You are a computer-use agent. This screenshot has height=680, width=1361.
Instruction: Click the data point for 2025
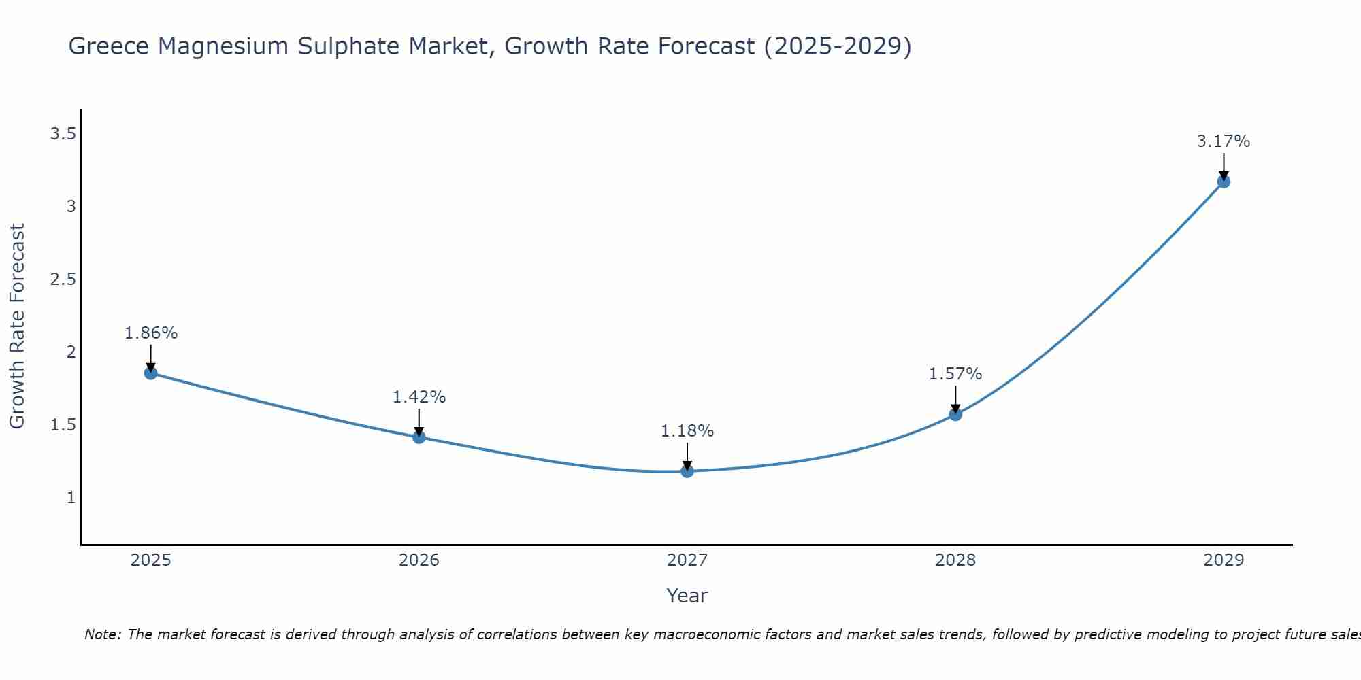pos(150,373)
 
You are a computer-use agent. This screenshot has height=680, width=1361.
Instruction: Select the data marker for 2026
pos(419,437)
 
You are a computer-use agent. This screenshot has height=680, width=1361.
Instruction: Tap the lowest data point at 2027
pos(687,471)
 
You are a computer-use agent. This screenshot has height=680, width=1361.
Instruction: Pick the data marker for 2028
pos(955,414)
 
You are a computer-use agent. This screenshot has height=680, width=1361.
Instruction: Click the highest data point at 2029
pos(1224,182)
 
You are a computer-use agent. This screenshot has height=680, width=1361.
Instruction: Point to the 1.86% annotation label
pos(150,333)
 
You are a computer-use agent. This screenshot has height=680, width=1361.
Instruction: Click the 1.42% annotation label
pos(419,397)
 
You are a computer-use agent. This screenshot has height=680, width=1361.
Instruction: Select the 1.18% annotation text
pos(687,431)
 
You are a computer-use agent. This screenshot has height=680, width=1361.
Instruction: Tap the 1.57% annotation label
pos(955,374)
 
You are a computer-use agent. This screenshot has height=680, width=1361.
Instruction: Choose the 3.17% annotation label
pos(1224,141)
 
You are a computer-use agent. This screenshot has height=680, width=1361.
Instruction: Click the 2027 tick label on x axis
pos(687,560)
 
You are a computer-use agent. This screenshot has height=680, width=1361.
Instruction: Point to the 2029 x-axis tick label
pos(1224,560)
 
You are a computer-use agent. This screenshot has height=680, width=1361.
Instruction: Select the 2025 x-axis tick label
pos(150,560)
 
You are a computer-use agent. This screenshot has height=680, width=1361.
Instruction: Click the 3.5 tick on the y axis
pos(63,134)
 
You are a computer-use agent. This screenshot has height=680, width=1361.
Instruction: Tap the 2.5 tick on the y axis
pos(63,279)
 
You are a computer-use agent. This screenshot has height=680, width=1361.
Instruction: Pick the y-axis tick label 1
pos(71,498)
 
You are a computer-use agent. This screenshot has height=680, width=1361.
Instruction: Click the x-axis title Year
pos(687,596)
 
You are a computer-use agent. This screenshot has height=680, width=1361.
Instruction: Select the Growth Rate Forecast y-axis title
pos(17,326)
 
